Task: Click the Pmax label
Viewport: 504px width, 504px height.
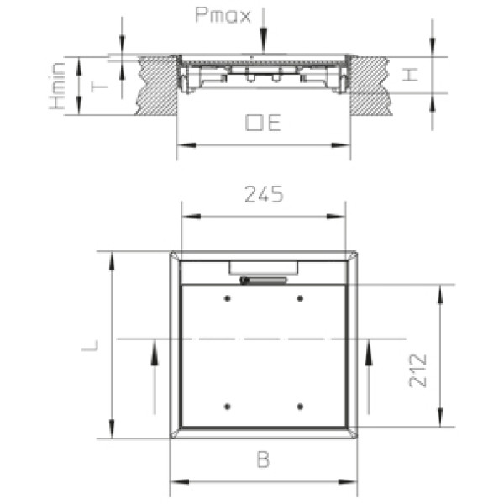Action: tap(223, 15)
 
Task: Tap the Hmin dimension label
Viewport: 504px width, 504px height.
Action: tap(57, 87)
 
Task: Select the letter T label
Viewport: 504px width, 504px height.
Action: tap(99, 87)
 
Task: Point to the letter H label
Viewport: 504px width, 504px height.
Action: tap(410, 75)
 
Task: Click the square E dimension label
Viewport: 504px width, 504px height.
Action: tap(263, 123)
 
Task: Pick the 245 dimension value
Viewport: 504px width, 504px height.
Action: tap(264, 194)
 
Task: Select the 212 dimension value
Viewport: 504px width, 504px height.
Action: tap(417, 370)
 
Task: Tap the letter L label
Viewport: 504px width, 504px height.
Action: tap(90, 344)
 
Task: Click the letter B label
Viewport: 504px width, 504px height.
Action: tap(263, 459)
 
